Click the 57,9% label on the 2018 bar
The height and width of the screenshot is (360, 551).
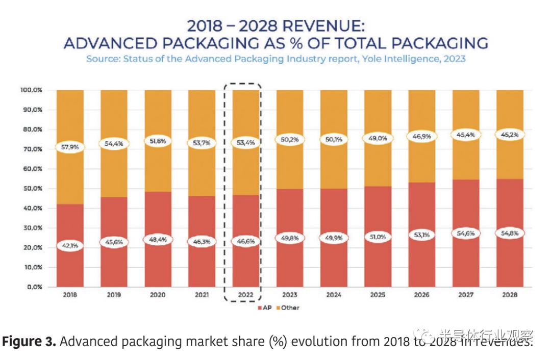coord(70,148)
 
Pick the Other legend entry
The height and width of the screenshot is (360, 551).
coord(288,307)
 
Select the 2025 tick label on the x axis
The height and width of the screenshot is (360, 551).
coord(378,295)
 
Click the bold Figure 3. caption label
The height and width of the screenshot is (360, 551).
coord(29,341)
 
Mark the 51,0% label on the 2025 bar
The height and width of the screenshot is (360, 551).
coord(378,237)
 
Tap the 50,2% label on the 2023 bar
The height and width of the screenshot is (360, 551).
coord(289,139)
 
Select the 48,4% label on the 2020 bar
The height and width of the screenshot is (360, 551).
coord(158,239)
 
